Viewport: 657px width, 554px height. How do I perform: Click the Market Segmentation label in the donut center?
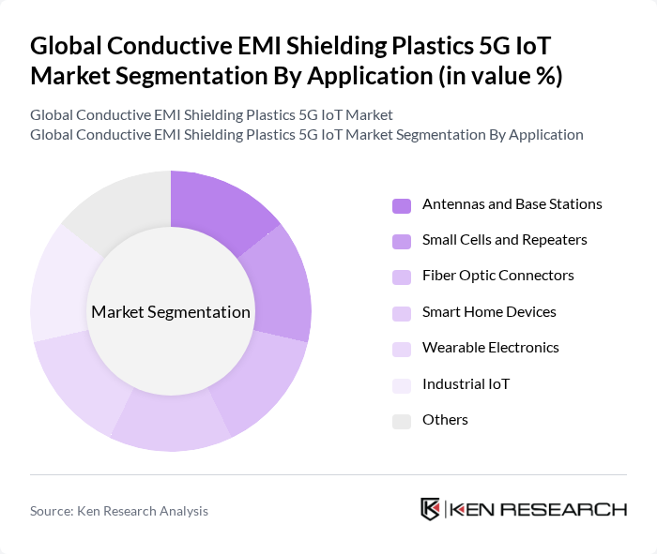[x=171, y=312]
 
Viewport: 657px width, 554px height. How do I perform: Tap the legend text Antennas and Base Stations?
[x=512, y=204]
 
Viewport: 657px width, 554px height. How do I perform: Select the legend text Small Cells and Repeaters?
[x=504, y=240]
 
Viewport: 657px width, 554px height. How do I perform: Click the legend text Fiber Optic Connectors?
[x=497, y=276]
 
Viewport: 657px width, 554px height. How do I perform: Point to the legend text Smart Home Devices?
[x=489, y=312]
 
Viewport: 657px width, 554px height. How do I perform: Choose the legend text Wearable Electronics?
[x=490, y=348]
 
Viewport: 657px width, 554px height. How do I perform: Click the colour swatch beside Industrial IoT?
[x=402, y=384]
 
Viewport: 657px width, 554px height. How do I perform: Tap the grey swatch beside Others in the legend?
[x=402, y=421]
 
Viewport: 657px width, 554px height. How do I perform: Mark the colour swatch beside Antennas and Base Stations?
[x=402, y=205]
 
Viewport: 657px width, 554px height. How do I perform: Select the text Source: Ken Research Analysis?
[x=119, y=511]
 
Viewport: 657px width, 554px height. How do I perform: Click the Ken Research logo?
[x=524, y=509]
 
